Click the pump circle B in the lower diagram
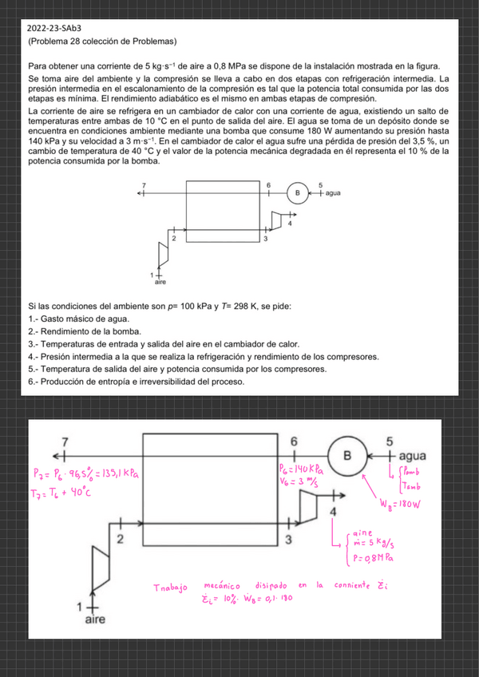pyautogui.click(x=347, y=455)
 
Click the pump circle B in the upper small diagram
pyautogui.click(x=298, y=193)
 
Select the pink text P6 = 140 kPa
pyautogui.click(x=301, y=469)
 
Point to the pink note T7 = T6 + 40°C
pyautogui.click(x=62, y=493)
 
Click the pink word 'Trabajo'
pyautogui.click(x=172, y=588)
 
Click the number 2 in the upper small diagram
pyautogui.click(x=173, y=239)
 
